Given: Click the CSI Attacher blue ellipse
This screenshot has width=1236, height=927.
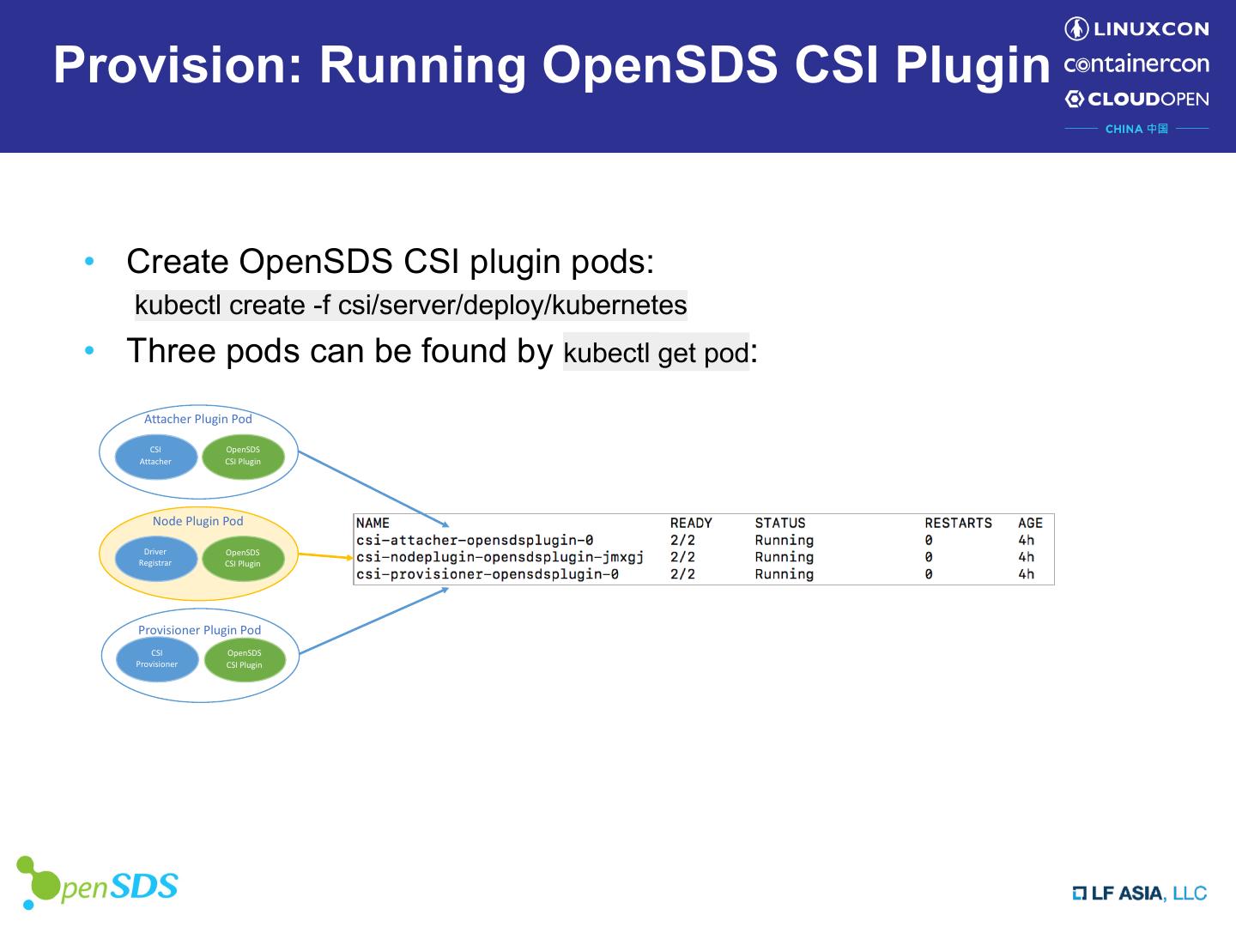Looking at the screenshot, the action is click(x=156, y=457).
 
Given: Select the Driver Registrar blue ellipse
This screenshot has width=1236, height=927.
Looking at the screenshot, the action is click(x=156, y=558).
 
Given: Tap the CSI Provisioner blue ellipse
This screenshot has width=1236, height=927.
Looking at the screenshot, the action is click(x=157, y=659).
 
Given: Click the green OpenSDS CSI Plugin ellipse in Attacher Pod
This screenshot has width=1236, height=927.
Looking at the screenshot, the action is click(x=243, y=457).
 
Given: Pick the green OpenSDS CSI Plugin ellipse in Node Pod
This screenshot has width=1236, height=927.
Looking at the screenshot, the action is click(x=243, y=558).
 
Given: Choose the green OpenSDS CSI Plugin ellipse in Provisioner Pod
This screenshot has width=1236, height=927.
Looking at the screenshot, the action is click(x=245, y=659).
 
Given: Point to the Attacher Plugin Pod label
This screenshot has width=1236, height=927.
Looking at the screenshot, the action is click(x=198, y=420).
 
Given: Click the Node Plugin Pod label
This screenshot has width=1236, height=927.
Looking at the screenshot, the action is click(x=198, y=522).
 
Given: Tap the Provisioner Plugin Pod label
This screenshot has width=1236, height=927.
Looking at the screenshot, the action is click(x=200, y=630).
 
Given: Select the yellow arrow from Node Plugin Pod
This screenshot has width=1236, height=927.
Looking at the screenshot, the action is click(x=325, y=556).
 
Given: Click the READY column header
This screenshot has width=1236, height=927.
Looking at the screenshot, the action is click(x=691, y=524).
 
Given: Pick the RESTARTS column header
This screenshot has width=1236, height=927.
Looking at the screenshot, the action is click(x=959, y=524).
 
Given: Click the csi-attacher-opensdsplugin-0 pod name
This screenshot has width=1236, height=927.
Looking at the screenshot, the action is click(x=475, y=541).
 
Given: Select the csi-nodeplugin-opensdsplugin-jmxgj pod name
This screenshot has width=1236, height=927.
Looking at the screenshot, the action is click(x=500, y=558).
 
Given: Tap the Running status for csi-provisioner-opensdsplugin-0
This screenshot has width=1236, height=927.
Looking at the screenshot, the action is click(x=785, y=575).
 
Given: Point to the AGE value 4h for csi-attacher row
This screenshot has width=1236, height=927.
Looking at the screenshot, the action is click(x=1026, y=541).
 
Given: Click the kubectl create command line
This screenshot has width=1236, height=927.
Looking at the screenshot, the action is click(x=411, y=306).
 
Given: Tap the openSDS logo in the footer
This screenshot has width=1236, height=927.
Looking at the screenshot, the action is click(x=97, y=882).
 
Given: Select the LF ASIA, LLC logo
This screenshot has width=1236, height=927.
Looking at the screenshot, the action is click(x=1140, y=894).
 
